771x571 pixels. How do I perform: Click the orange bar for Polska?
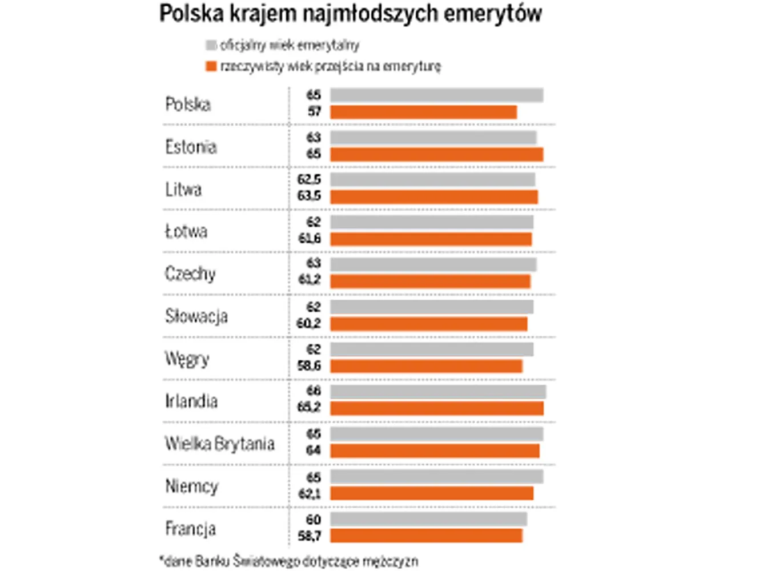[x=423, y=112]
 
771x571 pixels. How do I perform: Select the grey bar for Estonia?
[x=433, y=138]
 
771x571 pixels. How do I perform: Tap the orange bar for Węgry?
[x=426, y=366]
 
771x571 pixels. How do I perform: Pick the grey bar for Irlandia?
[x=438, y=392]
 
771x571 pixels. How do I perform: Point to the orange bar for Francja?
[x=426, y=536]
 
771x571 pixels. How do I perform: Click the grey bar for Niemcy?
[x=436, y=477]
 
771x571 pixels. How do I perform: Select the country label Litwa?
[x=183, y=189]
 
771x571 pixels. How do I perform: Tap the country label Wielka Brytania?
[x=220, y=444]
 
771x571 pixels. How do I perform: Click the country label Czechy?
[x=190, y=274]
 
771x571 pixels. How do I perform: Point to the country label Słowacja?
[x=196, y=316]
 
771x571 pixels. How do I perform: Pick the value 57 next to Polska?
[x=314, y=111]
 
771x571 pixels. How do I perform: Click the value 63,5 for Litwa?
[x=309, y=196]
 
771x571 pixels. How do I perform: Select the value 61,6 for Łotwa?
[x=310, y=238]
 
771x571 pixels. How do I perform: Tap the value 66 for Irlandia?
[x=314, y=391]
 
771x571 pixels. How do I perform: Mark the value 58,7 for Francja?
[x=309, y=536]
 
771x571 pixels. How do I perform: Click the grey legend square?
[x=211, y=45]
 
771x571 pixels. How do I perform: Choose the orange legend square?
[x=211, y=66]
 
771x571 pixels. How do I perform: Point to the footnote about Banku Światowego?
[x=288, y=561]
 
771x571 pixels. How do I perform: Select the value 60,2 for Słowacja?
[x=308, y=324]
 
